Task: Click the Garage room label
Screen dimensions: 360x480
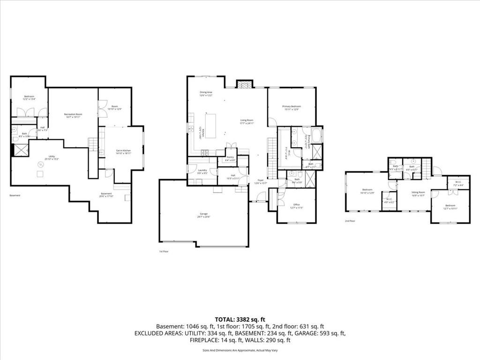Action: [x=204, y=215]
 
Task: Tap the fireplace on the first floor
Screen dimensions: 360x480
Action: [x=244, y=85]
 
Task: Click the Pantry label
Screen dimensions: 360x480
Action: [x=230, y=158]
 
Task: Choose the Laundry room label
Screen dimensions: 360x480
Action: [x=202, y=172]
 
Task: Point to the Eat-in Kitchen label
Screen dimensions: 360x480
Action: [x=123, y=151]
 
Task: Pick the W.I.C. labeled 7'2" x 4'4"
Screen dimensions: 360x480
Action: [x=458, y=184]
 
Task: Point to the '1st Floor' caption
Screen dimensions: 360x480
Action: [x=164, y=252]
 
